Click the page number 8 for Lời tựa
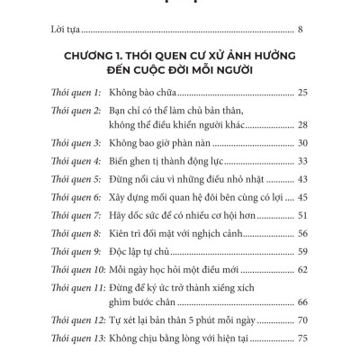click(x=300, y=31)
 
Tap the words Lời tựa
click(x=71, y=31)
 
